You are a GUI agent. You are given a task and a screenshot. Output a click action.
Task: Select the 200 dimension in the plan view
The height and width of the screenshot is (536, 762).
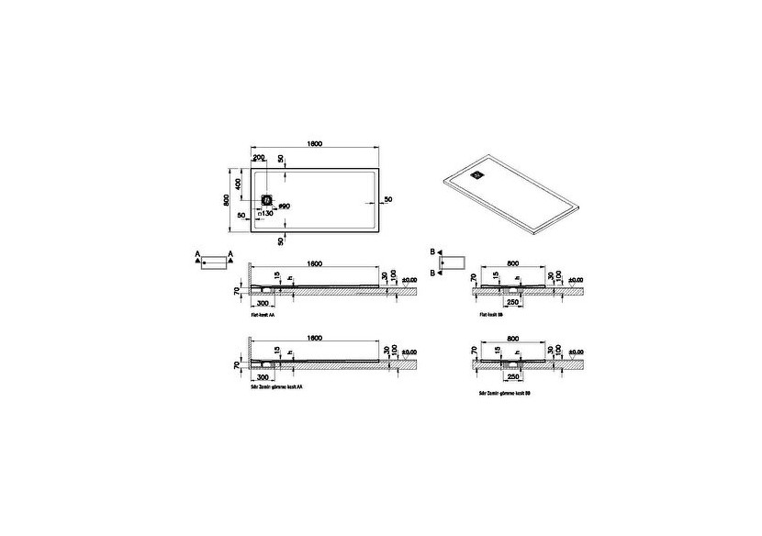pyautogui.click(x=259, y=159)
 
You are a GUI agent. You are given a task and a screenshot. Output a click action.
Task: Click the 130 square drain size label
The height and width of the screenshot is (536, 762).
pyautogui.click(x=267, y=213)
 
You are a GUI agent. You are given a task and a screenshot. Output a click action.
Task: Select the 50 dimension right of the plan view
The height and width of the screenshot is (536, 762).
pyautogui.click(x=387, y=199)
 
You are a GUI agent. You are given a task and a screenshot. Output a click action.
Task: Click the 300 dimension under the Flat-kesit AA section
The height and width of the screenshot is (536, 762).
pyautogui.click(x=263, y=302)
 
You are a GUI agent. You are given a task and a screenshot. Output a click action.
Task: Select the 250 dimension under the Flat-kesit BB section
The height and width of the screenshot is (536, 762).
pyautogui.click(x=514, y=302)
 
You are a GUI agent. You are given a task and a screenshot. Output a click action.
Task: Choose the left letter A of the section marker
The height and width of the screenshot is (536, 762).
pyautogui.click(x=196, y=251)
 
